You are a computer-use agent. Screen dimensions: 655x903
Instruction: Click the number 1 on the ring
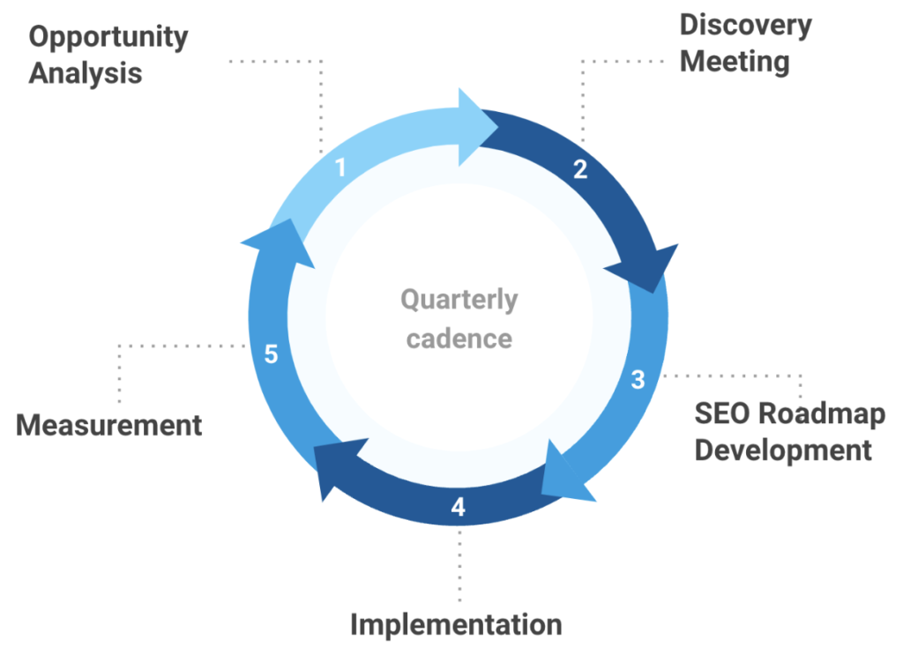pos(340,167)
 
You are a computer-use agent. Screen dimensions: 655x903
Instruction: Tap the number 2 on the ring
pos(579,169)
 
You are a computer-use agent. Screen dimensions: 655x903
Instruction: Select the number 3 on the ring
pos(638,380)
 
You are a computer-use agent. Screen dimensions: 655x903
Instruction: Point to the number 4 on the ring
pos(458,507)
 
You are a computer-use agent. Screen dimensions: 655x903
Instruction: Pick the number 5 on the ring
pos(272,354)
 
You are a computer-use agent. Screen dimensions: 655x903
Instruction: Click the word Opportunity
pos(108,38)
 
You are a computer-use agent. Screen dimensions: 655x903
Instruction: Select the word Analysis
pos(85,73)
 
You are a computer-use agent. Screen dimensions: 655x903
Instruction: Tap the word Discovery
pos(745,26)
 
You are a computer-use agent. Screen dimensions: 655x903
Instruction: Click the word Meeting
pos(734,62)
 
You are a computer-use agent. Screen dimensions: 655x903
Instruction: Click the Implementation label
pos(456,624)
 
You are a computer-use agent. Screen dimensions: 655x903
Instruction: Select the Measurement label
pos(109,425)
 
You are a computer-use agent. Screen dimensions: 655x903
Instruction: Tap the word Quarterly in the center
pos(459,300)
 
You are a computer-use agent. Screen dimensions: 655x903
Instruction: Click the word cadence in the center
pos(459,338)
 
